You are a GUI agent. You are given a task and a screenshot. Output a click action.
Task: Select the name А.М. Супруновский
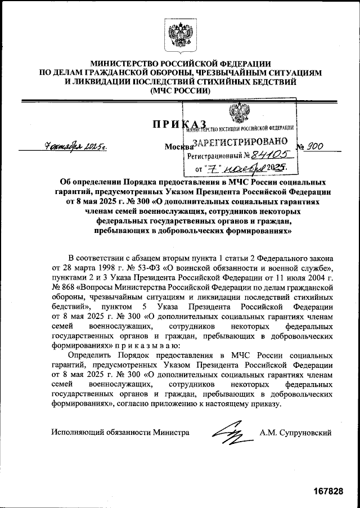[x=295, y=433]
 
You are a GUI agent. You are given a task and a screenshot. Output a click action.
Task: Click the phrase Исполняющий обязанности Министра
[x=120, y=433]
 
